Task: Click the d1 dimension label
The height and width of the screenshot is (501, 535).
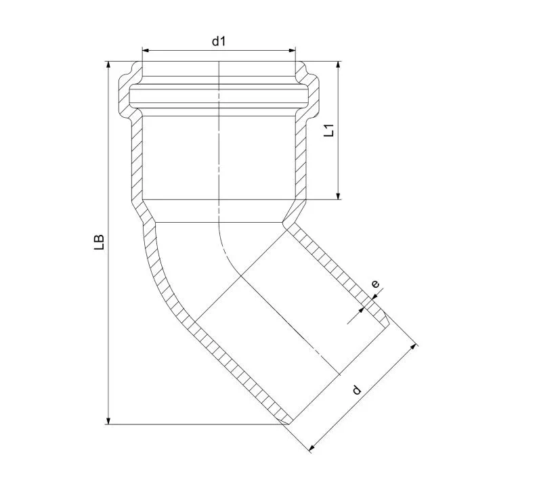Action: pos(219,41)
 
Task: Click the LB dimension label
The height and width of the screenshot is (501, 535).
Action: pos(99,242)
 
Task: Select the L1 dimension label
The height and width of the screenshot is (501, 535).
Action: pos(329,131)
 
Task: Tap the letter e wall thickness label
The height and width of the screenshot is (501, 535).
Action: pos(375,284)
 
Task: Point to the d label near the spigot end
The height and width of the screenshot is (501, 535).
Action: pos(356,389)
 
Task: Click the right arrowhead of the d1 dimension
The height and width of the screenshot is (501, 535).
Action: pos(292,51)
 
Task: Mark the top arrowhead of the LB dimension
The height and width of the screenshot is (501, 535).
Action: pos(108,65)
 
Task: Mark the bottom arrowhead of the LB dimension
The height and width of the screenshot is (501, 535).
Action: pos(108,420)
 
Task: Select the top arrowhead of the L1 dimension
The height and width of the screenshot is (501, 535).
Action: pos(338,65)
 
